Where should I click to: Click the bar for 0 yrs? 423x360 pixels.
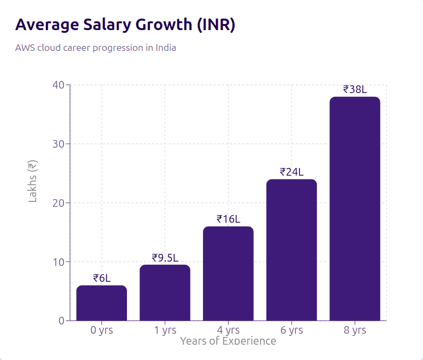coord(102,303)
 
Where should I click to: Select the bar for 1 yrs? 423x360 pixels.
coord(165,293)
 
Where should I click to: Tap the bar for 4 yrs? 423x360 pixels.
coord(228,274)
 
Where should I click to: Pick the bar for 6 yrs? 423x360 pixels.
coord(292,250)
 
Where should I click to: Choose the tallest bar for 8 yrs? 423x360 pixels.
coord(355,209)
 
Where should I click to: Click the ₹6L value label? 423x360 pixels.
coord(102,278)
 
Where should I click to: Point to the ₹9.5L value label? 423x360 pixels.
coord(165,257)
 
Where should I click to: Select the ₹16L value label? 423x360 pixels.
coord(228,219)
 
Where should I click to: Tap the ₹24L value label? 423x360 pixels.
coord(292,172)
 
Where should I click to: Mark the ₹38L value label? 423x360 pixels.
coord(355,89)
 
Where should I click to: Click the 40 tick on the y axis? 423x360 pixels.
coord(59,85)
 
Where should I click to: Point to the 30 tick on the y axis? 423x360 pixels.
coord(59,144)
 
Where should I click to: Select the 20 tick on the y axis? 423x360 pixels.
coord(59,203)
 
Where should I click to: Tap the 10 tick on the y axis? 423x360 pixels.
coord(59,262)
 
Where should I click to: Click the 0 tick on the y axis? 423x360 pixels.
coord(61,321)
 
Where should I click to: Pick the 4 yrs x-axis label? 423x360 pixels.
coord(228,330)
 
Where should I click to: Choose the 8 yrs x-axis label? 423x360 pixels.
coord(355,330)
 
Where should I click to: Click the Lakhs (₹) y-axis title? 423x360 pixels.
coord(33,181)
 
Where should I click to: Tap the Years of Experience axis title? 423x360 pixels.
coord(228,341)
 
